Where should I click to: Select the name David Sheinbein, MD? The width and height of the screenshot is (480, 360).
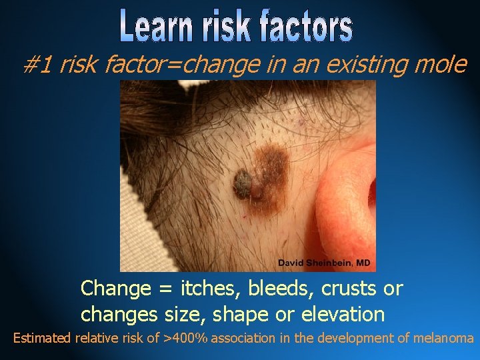(324, 263)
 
